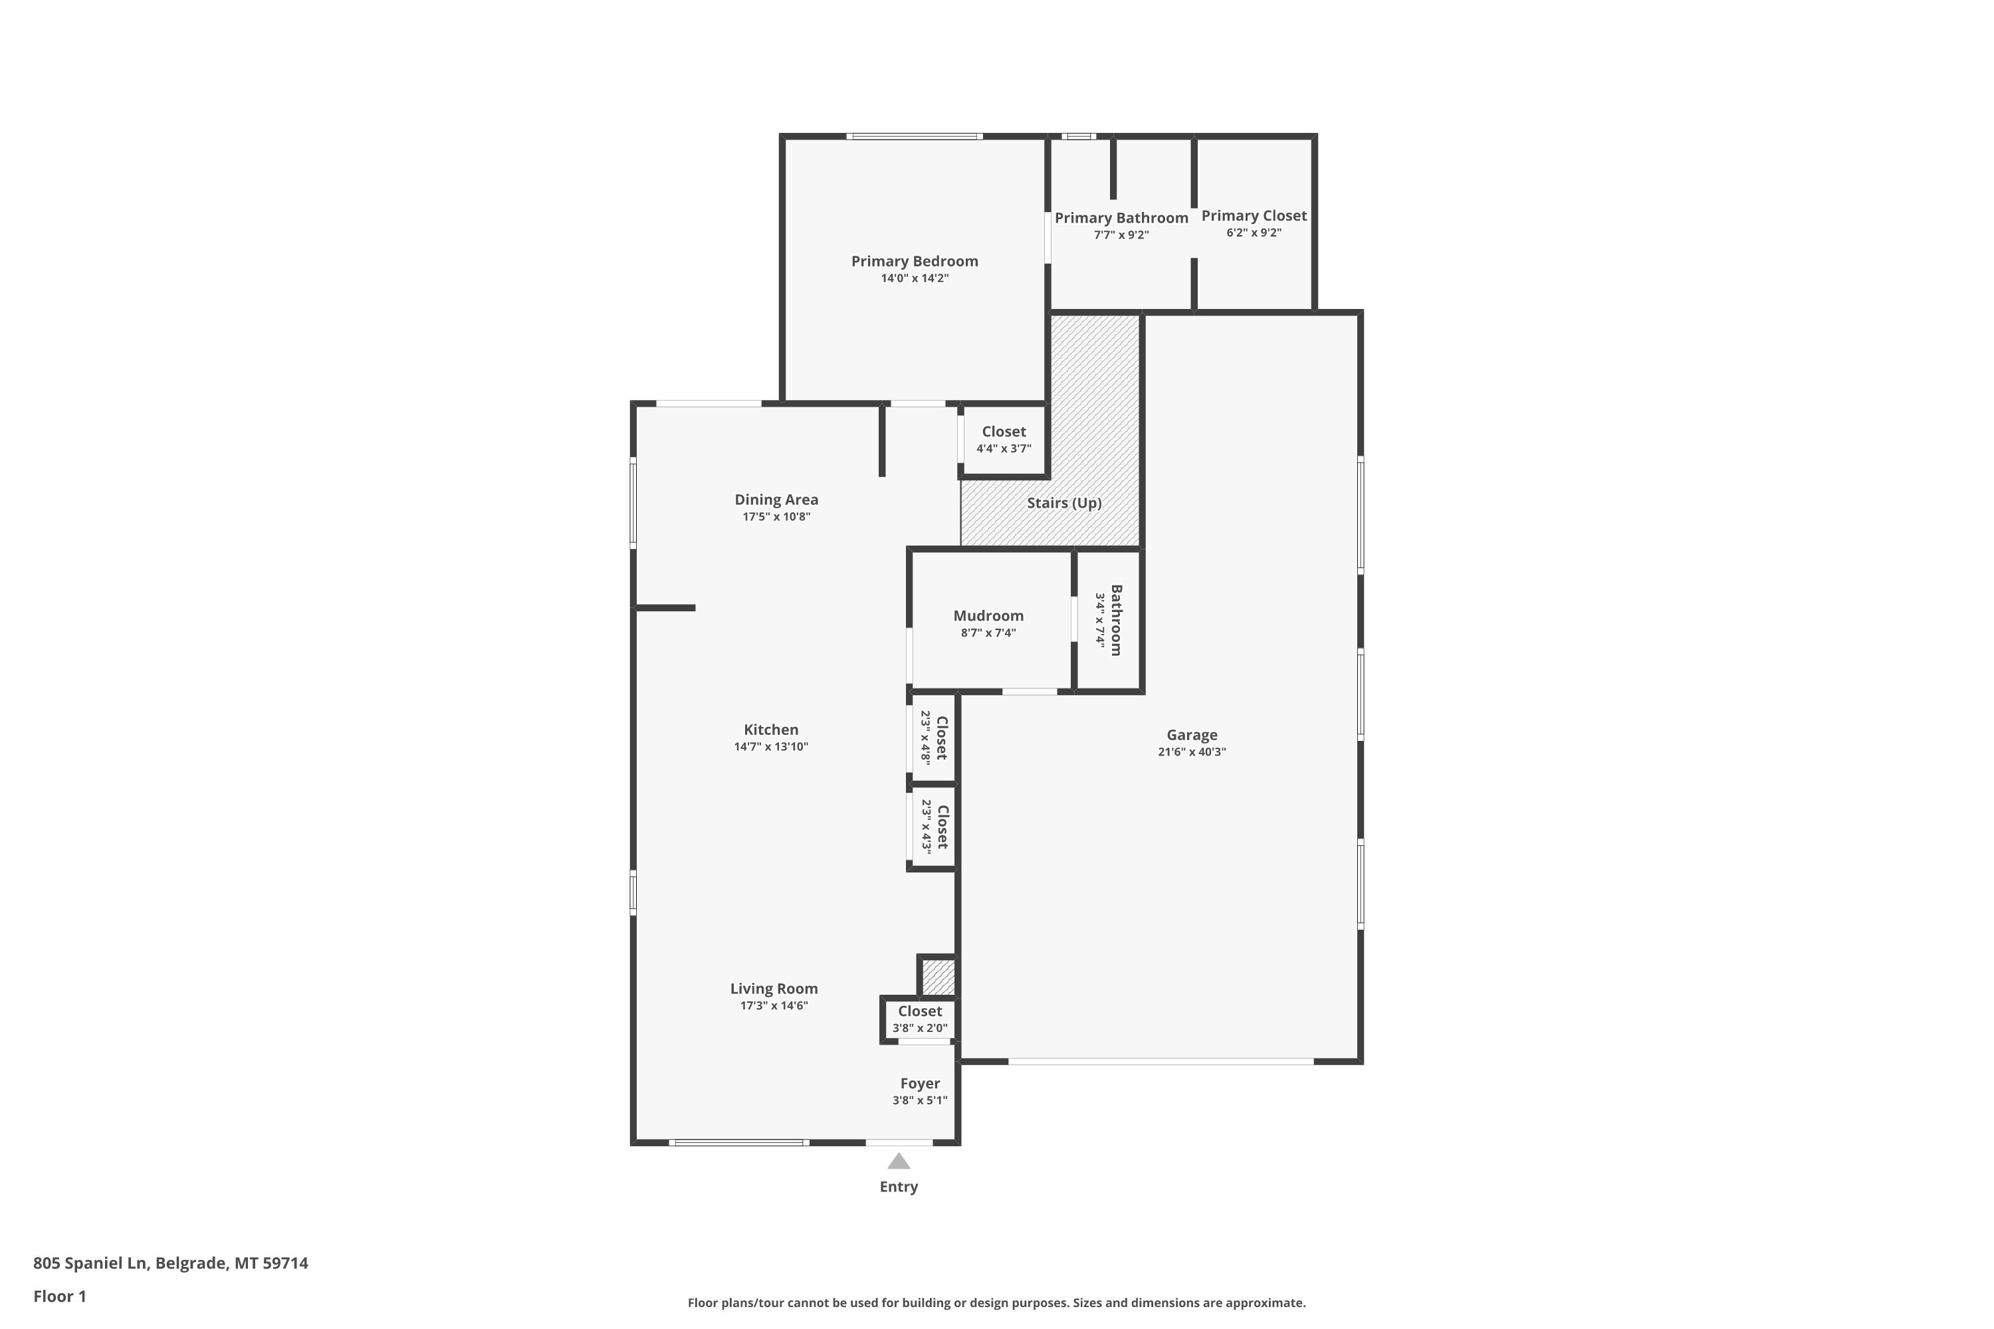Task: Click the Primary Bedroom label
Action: point(915,261)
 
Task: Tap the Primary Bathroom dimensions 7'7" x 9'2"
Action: point(1121,235)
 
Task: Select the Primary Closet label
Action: point(1254,215)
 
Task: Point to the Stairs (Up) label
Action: point(1064,502)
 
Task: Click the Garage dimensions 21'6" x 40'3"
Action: point(1192,752)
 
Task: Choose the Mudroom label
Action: point(988,615)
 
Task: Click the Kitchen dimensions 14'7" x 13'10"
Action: point(772,747)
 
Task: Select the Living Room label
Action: point(774,988)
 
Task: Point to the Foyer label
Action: point(920,1083)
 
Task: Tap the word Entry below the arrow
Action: point(899,1187)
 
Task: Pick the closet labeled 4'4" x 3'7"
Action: point(1004,440)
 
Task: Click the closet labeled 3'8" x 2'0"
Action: point(920,1019)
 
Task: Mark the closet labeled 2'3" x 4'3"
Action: point(933,827)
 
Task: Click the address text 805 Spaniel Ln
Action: point(90,1264)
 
